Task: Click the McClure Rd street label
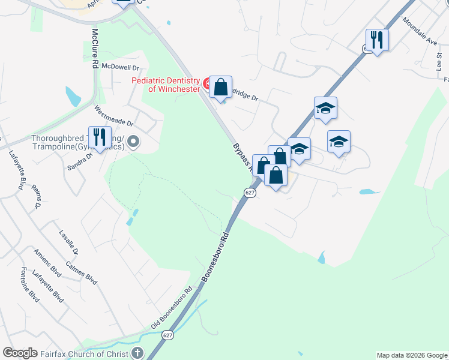click(x=95, y=49)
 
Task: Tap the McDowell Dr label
click(x=120, y=67)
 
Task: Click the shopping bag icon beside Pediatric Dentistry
click(x=221, y=87)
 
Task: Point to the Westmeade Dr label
click(x=113, y=116)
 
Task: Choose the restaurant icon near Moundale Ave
click(x=377, y=40)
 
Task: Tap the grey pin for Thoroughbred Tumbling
click(x=133, y=142)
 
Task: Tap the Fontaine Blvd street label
click(x=29, y=285)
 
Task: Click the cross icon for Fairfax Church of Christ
click(x=137, y=353)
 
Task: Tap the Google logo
click(x=19, y=353)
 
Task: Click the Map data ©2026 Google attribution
click(x=411, y=355)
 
